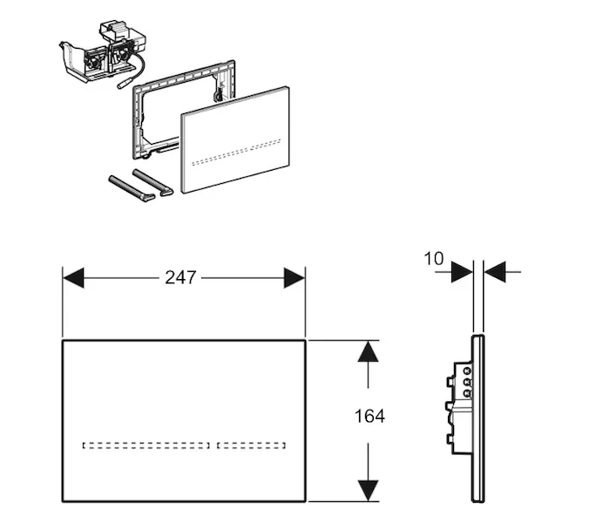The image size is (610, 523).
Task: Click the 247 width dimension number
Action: (x=180, y=278)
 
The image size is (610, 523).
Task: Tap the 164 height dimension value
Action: (x=369, y=416)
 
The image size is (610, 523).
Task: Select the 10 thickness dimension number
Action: (x=433, y=258)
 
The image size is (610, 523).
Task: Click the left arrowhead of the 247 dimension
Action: (x=73, y=278)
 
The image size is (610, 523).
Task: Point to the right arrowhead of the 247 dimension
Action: (x=295, y=278)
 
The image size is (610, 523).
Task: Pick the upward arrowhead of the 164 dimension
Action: (x=368, y=351)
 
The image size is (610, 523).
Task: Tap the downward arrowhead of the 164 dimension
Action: (x=368, y=490)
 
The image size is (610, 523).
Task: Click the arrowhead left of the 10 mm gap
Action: (x=462, y=272)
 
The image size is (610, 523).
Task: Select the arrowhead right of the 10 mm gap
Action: (x=494, y=272)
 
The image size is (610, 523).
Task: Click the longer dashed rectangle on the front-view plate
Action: (x=146, y=445)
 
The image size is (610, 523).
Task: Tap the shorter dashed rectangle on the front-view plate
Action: (x=251, y=445)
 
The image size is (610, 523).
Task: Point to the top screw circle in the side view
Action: (x=466, y=370)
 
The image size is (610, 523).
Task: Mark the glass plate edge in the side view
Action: (x=478, y=418)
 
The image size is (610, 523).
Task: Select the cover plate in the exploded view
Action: (x=235, y=139)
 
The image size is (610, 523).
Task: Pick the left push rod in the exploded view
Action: (x=132, y=189)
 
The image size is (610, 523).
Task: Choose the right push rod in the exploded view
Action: (x=152, y=181)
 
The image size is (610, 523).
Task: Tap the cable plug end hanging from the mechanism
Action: (x=125, y=85)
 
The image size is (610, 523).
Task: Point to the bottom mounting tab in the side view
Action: (x=450, y=439)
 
